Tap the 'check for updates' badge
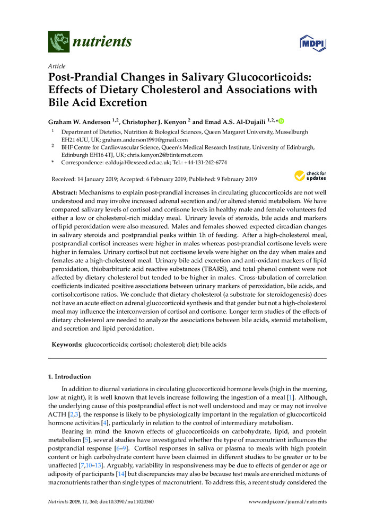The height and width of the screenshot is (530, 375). coord(311,175)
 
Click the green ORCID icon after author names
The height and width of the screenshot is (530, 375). coord(282,121)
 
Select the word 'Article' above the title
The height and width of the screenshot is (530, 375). coord(57,66)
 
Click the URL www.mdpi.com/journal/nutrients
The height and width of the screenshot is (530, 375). coord(287,501)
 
